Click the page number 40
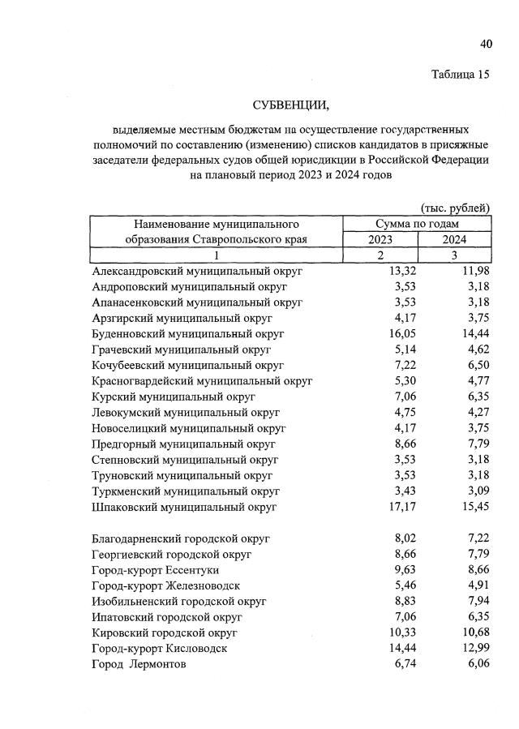click(485, 43)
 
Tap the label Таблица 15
click(461, 75)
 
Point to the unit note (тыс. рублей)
click(454, 208)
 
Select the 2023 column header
click(380, 239)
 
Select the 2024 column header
click(454, 239)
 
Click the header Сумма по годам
click(417, 223)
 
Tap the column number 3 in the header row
click(454, 255)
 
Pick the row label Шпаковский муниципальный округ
click(185, 507)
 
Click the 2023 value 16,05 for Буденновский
click(399, 333)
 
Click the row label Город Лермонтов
click(139, 664)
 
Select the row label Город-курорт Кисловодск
click(160, 649)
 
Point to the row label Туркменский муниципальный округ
click(187, 491)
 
